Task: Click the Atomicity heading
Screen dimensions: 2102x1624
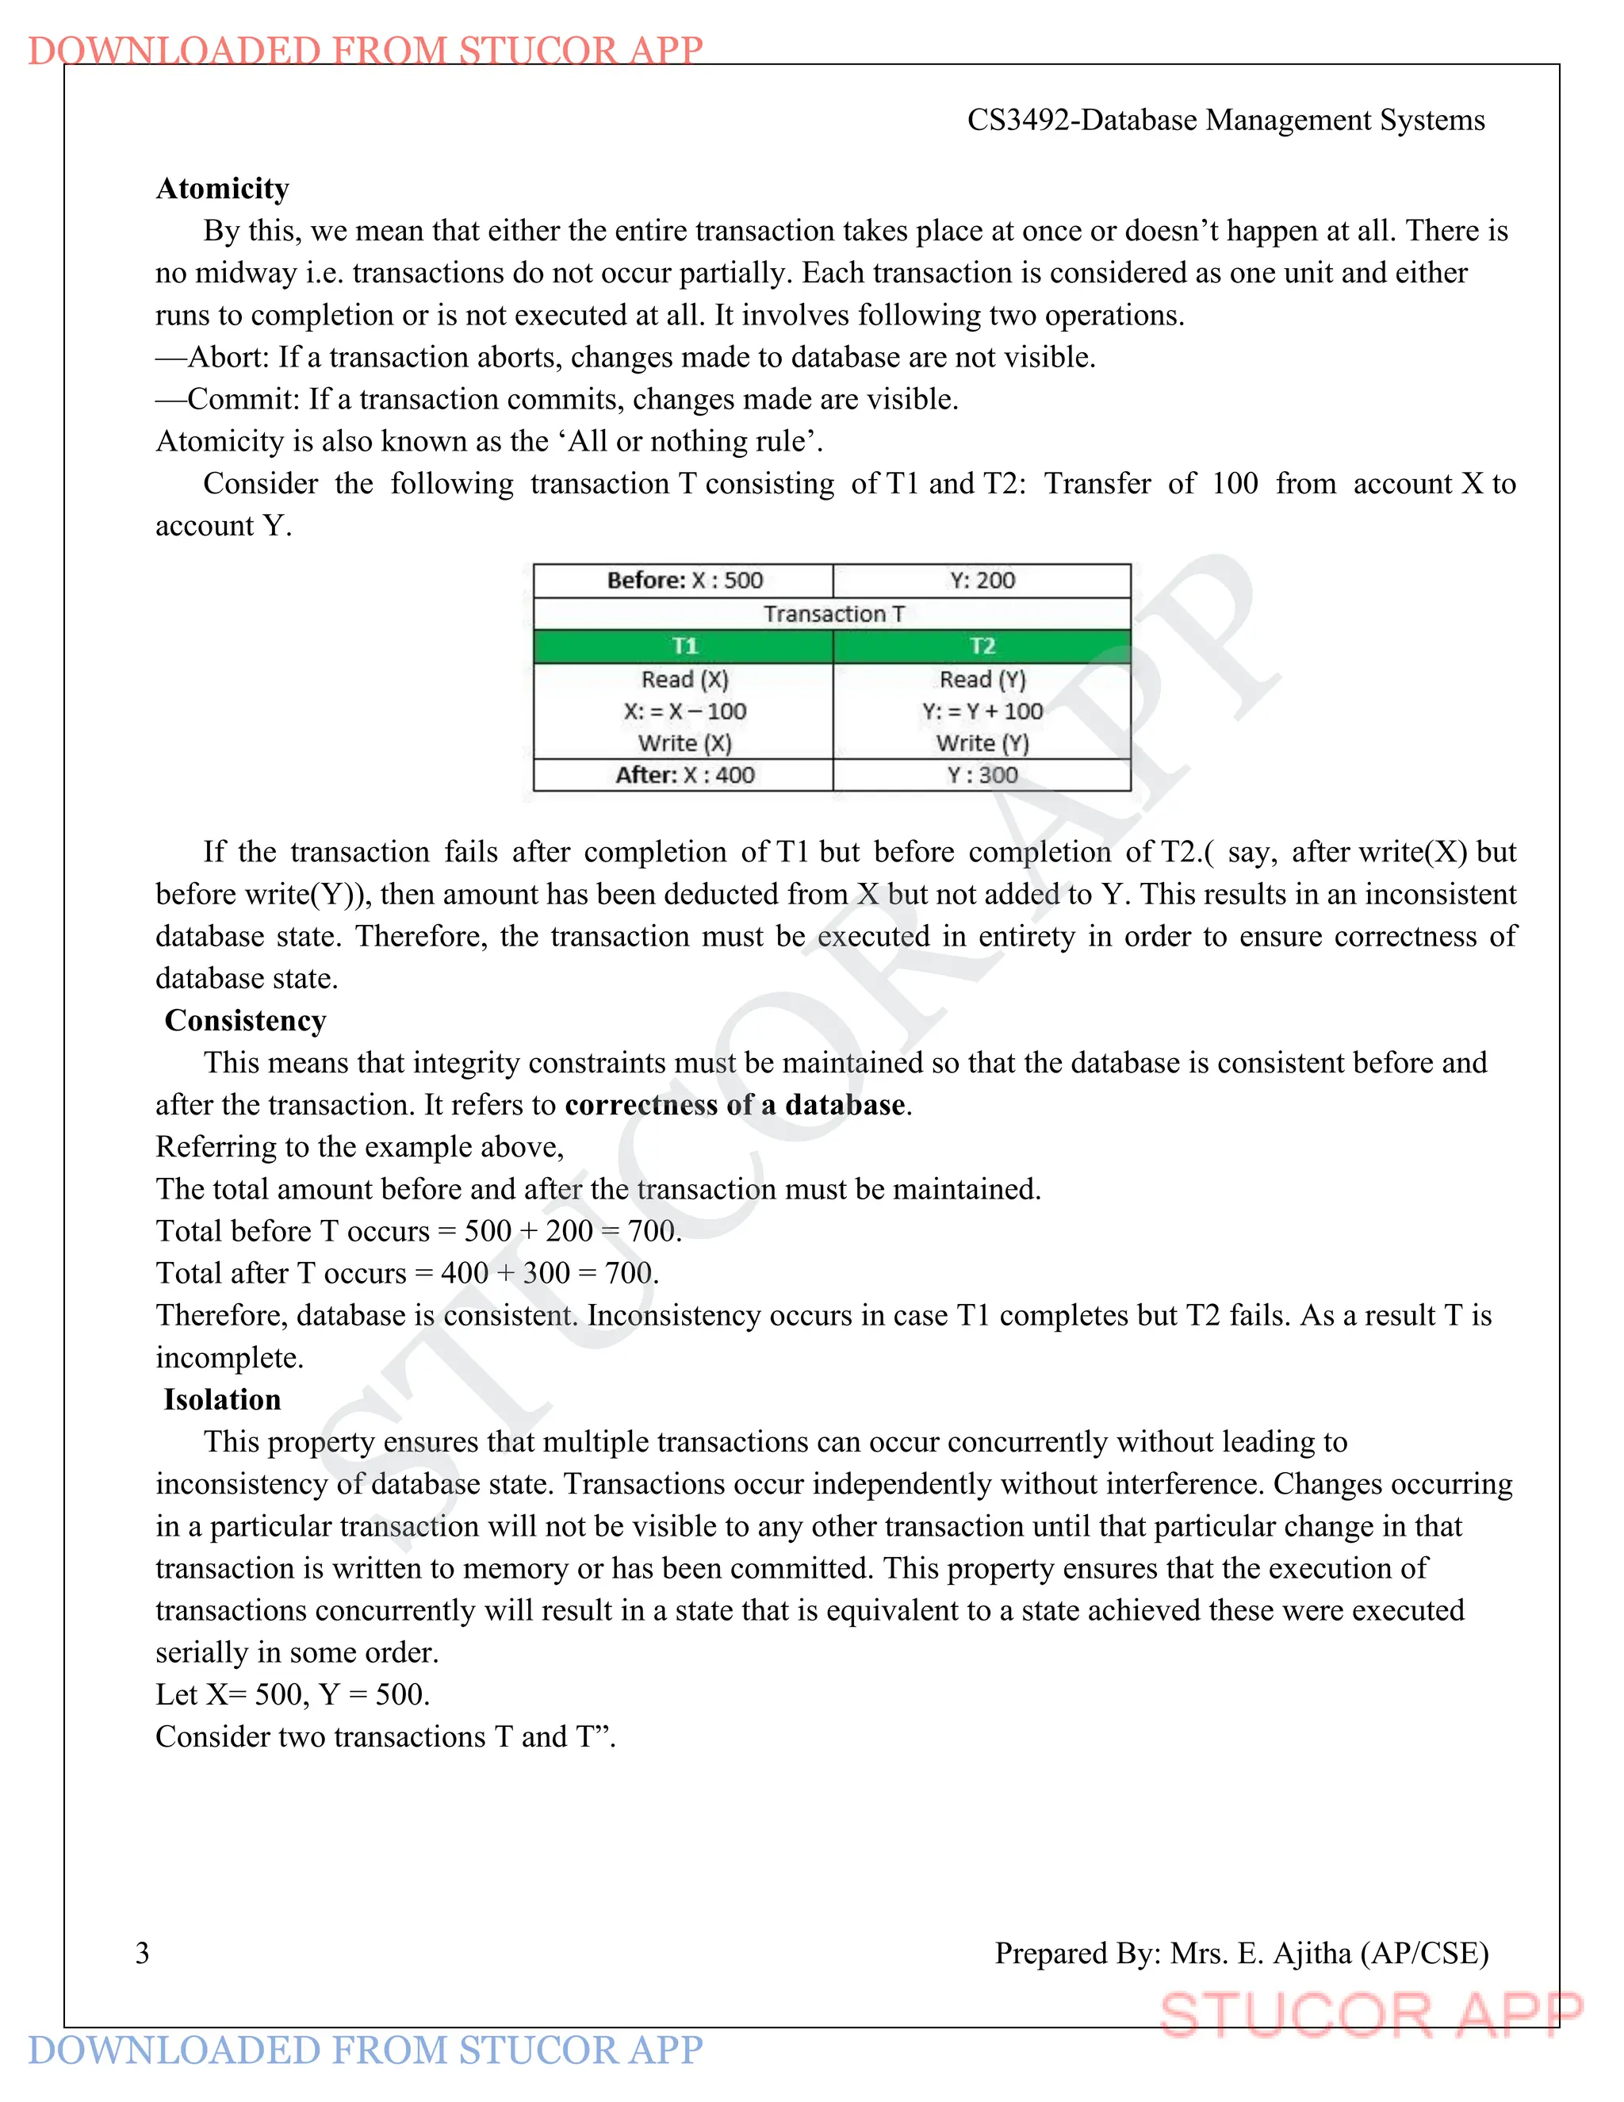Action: pos(222,189)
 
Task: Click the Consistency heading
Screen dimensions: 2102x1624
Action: pos(245,1020)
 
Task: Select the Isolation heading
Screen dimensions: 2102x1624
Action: pos(222,1399)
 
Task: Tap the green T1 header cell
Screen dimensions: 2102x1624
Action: pos(684,646)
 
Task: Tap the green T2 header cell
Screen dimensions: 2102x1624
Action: pos(982,646)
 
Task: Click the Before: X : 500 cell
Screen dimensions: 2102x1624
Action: pos(684,581)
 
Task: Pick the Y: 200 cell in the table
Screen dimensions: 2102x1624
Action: pos(982,581)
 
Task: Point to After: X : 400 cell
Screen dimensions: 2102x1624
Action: pos(684,776)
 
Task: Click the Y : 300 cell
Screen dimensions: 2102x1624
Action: pos(982,776)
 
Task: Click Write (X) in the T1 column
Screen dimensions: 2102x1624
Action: pos(684,743)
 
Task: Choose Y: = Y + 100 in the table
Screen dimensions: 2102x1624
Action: pos(982,712)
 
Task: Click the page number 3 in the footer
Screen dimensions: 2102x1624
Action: pos(143,1953)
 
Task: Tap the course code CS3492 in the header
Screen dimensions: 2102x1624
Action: pos(1020,121)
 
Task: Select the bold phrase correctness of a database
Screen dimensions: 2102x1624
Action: pos(735,1105)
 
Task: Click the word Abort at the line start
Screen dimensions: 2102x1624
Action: pos(227,358)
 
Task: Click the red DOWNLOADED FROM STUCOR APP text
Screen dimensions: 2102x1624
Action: pos(366,49)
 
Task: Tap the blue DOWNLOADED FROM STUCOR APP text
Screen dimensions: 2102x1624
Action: pos(366,2050)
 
